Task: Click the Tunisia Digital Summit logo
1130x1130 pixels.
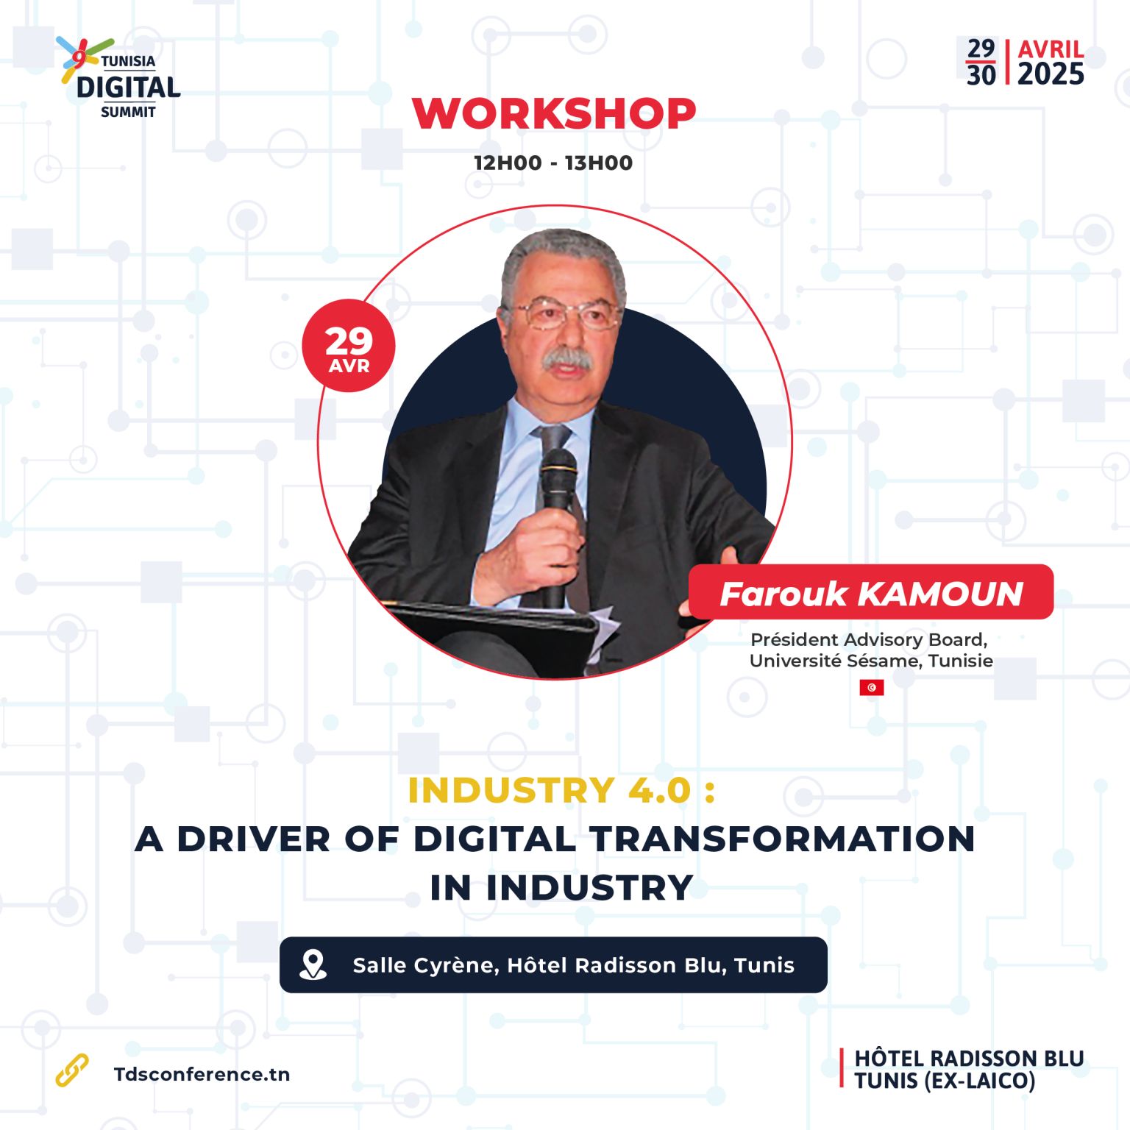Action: [119, 77]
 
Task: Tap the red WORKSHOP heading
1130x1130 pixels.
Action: [553, 114]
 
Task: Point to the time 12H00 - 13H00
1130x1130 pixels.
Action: [553, 163]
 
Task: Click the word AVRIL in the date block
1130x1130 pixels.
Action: [1051, 49]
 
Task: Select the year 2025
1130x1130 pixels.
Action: [1051, 74]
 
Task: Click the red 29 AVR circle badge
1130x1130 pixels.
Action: [349, 346]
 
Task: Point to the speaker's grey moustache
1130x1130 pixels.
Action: [567, 359]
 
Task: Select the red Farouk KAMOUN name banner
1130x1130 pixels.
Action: [871, 592]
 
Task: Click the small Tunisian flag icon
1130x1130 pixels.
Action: [872, 687]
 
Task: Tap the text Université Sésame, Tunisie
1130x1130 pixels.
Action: [871, 661]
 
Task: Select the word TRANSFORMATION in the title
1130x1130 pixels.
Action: [783, 839]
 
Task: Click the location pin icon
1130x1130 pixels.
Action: [313, 964]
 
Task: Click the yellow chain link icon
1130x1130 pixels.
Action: [72, 1070]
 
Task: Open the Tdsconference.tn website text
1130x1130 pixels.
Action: [202, 1074]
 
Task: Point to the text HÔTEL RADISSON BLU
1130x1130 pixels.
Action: [969, 1059]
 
